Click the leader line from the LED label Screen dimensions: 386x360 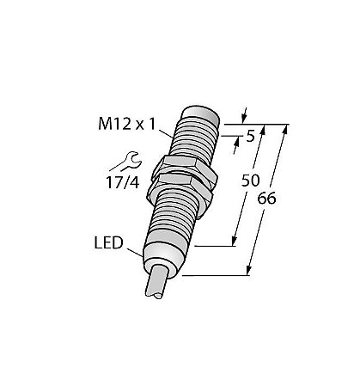pyautogui.click(x=137, y=250)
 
